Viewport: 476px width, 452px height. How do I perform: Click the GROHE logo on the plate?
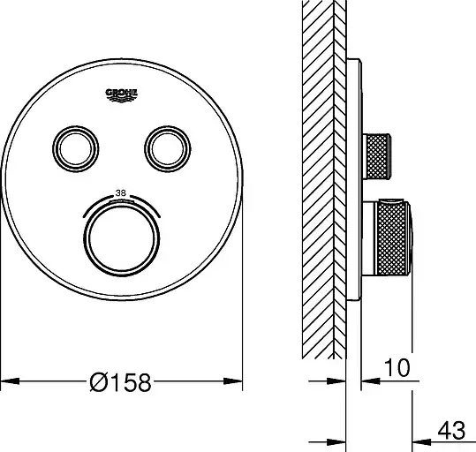click(122, 95)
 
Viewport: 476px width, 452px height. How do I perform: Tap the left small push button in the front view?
click(76, 148)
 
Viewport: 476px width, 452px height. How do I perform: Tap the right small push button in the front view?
click(168, 148)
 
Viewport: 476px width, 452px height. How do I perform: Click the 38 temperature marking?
click(121, 193)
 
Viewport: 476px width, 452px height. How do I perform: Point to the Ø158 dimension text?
click(120, 382)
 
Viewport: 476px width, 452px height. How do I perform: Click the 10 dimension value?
click(397, 368)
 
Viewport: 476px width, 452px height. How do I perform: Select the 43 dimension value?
click(451, 431)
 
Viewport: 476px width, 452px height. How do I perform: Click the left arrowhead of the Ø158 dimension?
click(11, 381)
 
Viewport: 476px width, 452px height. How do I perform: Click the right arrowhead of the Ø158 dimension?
click(233, 381)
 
